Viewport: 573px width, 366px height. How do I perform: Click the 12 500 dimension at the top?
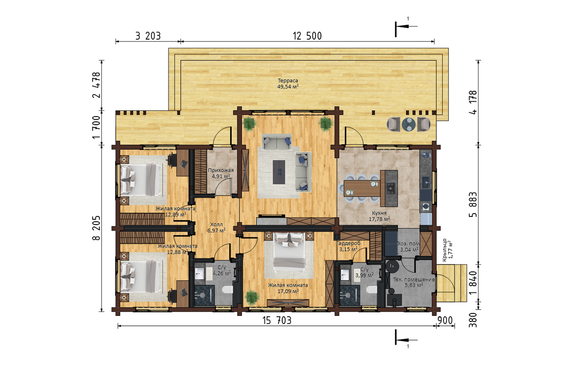307,36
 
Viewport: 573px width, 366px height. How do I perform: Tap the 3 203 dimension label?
148,36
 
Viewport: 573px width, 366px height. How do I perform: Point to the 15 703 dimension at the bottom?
277,321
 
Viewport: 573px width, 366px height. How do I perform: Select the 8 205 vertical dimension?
96,228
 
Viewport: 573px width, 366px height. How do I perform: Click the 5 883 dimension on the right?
473,205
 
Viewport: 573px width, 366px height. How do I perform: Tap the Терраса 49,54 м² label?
288,84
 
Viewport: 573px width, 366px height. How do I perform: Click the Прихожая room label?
221,170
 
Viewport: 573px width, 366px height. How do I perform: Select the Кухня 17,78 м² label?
379,216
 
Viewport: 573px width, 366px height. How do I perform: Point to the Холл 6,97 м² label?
216,227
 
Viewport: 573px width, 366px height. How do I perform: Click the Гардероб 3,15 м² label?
349,246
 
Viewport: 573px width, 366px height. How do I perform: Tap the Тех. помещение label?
414,279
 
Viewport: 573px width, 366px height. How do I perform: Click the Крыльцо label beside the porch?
445,250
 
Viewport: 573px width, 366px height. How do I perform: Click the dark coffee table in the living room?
279,172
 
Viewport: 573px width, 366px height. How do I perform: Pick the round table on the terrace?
409,124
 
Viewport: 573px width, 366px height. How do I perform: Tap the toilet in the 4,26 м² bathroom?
227,290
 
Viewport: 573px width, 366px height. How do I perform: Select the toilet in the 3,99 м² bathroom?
371,290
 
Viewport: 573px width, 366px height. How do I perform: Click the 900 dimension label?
445,321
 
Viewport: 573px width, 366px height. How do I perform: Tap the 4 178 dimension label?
473,102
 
